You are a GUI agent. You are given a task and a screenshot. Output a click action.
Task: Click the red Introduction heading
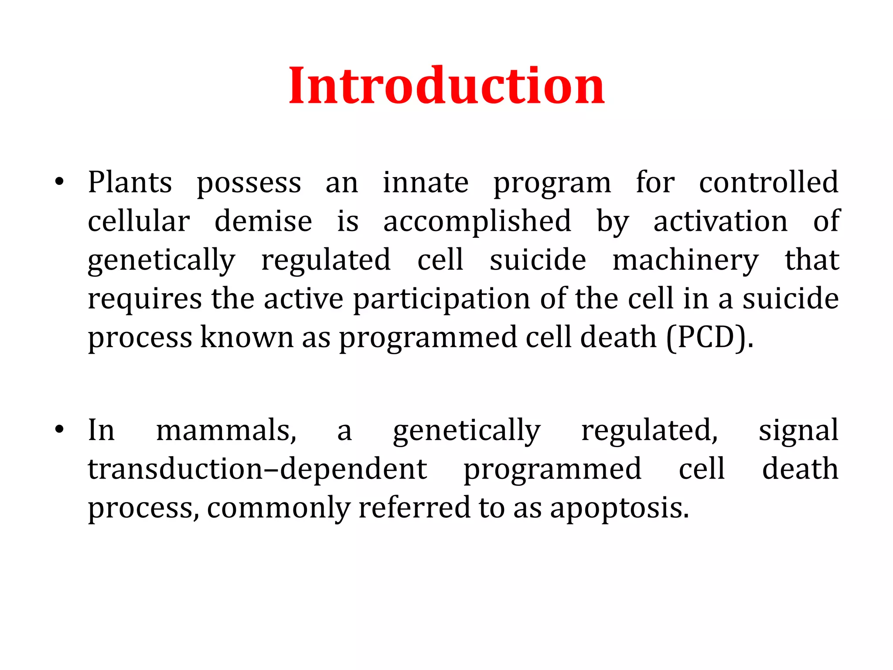click(446, 85)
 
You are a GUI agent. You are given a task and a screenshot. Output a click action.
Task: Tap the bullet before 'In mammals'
click(60, 430)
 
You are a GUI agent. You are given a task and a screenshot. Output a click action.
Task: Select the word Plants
click(130, 182)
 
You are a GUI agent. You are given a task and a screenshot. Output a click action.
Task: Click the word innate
click(426, 182)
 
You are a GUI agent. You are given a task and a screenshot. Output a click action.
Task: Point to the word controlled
click(768, 182)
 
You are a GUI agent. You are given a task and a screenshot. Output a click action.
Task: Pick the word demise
click(263, 221)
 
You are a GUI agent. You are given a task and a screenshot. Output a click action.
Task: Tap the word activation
click(720, 221)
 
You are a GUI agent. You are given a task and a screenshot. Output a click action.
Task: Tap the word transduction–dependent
click(257, 469)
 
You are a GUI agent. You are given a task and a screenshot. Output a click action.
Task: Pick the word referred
click(414, 508)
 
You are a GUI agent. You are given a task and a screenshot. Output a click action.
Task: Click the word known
click(247, 338)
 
